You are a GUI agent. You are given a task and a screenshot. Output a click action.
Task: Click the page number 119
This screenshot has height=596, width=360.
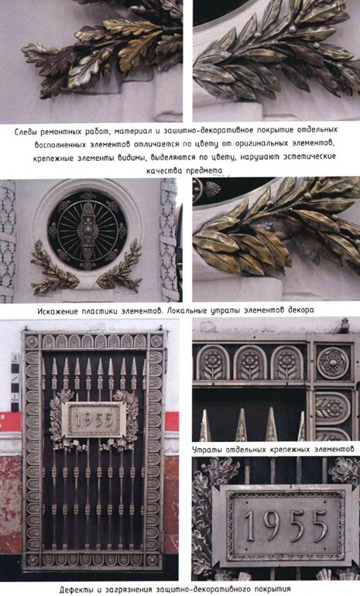click(340, 7)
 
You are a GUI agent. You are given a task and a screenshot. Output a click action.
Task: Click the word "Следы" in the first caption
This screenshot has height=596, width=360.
click(25, 132)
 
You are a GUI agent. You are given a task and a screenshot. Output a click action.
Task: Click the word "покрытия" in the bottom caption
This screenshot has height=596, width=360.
click(273, 590)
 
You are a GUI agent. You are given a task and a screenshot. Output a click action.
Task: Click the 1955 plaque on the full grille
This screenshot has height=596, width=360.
click(94, 420)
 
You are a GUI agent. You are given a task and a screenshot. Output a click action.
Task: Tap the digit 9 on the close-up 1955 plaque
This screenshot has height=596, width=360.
click(272, 526)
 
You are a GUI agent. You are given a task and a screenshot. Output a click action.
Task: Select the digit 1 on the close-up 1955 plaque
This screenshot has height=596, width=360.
click(249, 526)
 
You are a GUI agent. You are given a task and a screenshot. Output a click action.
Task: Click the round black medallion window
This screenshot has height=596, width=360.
click(87, 231)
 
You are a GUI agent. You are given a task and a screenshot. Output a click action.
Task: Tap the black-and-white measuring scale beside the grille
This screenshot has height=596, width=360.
click(15, 382)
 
